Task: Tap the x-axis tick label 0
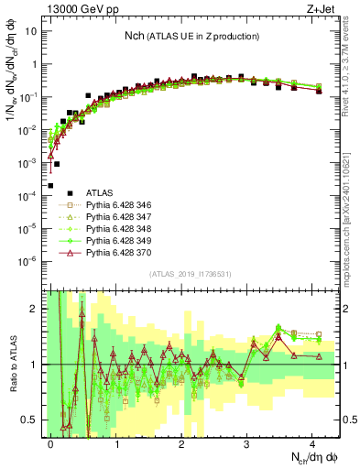(x=51, y=443)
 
